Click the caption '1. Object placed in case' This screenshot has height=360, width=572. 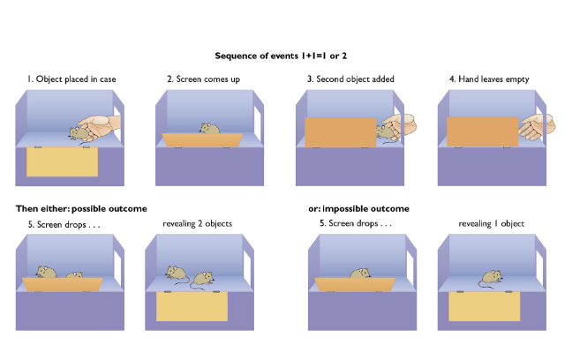tap(71, 79)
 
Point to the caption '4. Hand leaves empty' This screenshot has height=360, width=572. tap(489, 79)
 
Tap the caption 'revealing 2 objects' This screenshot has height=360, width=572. tap(197, 224)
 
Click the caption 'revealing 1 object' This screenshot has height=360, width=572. tap(491, 224)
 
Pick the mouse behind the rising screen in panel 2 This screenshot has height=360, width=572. tap(209, 129)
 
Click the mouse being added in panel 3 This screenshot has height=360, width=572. tap(386, 131)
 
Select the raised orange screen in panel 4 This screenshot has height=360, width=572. tap(482, 131)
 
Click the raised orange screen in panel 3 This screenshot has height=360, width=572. tap(341, 131)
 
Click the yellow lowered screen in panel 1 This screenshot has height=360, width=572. tap(62, 162)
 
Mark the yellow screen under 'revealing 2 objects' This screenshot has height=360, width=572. tap(192, 305)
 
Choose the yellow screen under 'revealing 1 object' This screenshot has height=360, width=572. tap(484, 305)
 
